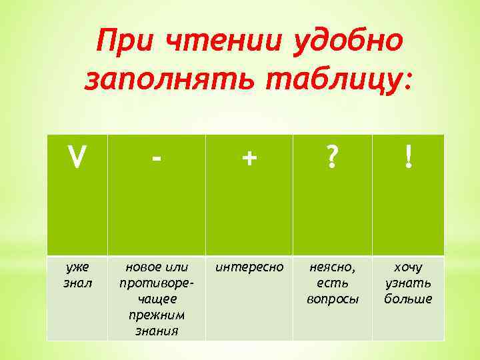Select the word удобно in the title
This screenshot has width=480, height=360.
pyautogui.click(x=346, y=43)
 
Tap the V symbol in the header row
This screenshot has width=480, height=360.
pyautogui.click(x=77, y=159)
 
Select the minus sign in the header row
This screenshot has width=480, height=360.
pyautogui.click(x=156, y=159)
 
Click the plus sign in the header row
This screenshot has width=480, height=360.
pyautogui.click(x=249, y=159)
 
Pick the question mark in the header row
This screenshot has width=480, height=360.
pyautogui.click(x=331, y=159)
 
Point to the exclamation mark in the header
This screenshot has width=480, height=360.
pyautogui.click(x=408, y=159)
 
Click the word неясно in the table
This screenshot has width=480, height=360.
pyautogui.click(x=331, y=268)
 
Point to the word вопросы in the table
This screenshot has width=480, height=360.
pyautogui.click(x=332, y=299)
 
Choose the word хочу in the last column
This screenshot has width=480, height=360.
pyautogui.click(x=408, y=268)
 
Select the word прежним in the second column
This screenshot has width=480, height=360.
pyautogui.click(x=156, y=315)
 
